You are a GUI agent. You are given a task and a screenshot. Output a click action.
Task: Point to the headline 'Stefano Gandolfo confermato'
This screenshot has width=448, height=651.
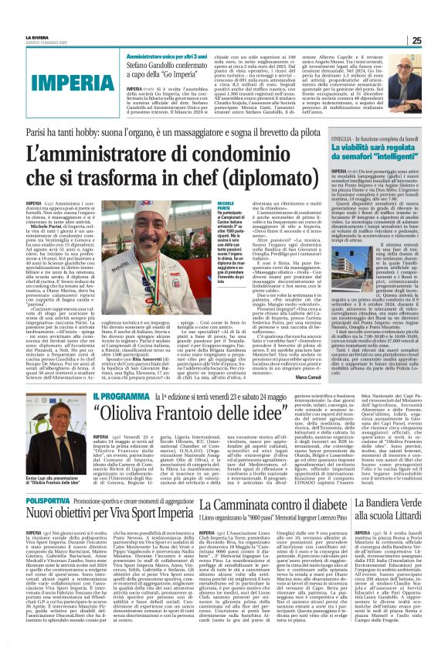(x=165, y=66)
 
